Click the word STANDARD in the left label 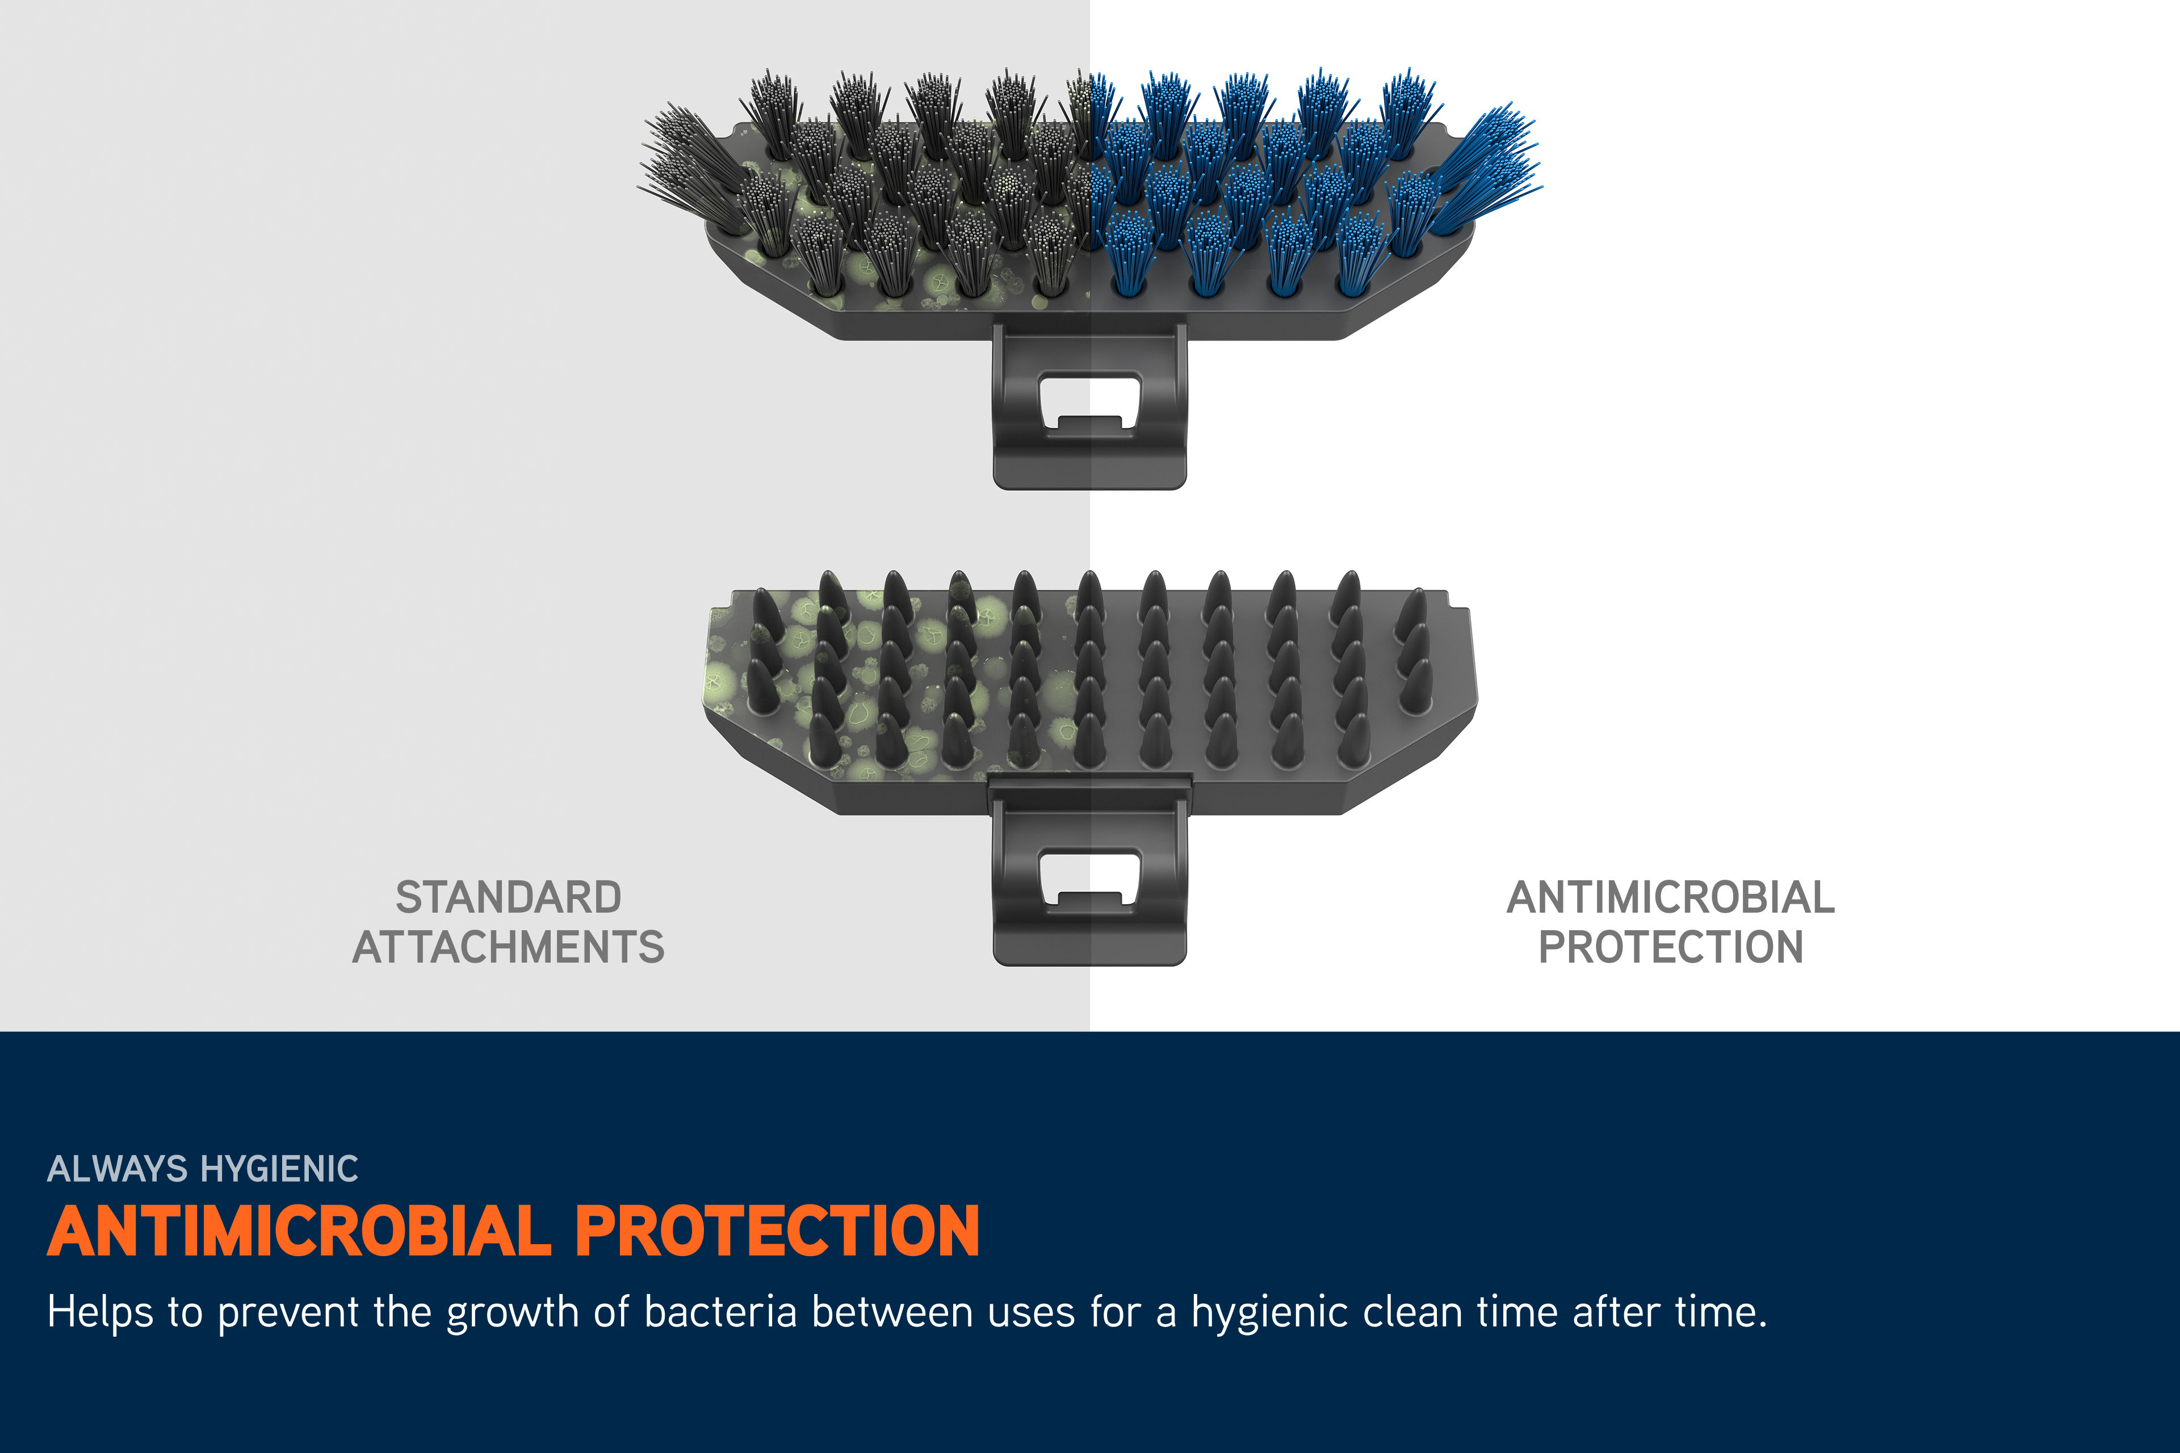pos(508,897)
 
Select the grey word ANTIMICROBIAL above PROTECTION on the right pos(1670,897)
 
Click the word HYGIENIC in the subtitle pos(280,1169)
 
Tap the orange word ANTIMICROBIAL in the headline pos(299,1232)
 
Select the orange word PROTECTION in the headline pos(777,1232)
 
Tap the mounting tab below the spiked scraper pos(1090,876)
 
